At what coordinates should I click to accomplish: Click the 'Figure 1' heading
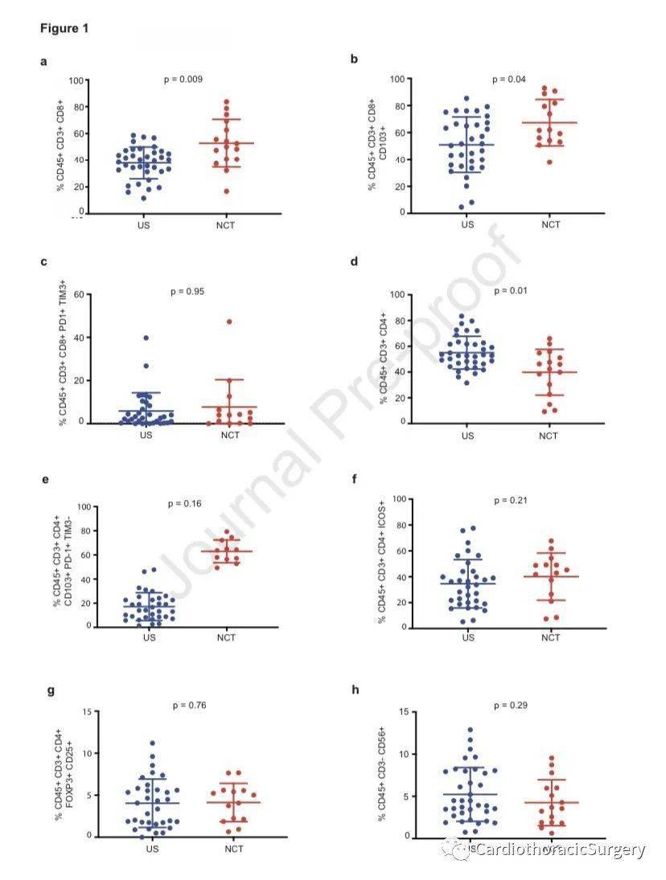click(x=64, y=29)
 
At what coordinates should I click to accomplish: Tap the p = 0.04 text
click(x=508, y=79)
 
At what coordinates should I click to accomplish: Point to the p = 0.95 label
click(x=187, y=291)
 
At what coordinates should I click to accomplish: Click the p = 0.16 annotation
click(x=184, y=504)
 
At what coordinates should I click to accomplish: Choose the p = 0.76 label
click(x=189, y=706)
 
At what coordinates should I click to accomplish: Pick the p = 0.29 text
click(x=511, y=706)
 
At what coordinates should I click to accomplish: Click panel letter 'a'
click(x=43, y=61)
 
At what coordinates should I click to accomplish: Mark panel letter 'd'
click(x=353, y=262)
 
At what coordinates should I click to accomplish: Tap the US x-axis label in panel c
click(x=146, y=436)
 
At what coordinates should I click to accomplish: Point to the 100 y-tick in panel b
click(x=396, y=79)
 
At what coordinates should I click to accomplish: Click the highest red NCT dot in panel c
click(x=229, y=321)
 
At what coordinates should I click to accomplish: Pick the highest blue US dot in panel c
click(x=146, y=338)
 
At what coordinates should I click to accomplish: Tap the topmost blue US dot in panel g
click(x=152, y=743)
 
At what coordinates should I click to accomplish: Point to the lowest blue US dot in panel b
click(x=462, y=207)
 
